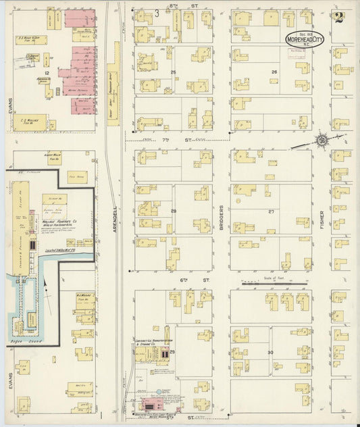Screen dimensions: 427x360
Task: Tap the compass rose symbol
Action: [x=323, y=141]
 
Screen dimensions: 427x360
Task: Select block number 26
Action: [x=274, y=72]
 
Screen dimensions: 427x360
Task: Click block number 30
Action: [x=271, y=353]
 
